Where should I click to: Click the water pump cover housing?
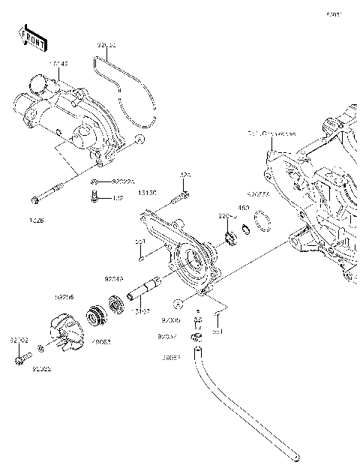[71, 116]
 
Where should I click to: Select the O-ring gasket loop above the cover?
[127, 86]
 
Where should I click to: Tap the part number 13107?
[140, 310]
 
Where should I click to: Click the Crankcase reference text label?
[271, 134]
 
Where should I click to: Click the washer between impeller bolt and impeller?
[41, 348]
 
